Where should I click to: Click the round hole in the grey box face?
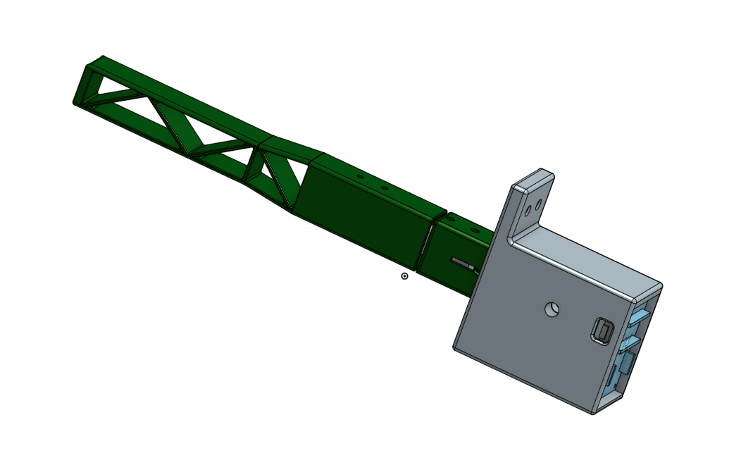tap(552, 309)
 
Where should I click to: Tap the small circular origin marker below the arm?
tap(404, 276)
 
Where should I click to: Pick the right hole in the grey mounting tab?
tap(540, 204)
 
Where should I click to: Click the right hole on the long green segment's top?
tap(384, 188)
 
